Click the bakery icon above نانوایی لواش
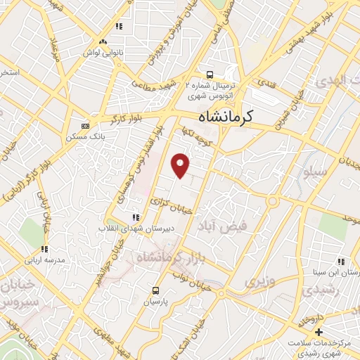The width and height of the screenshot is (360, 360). (x=103, y=42)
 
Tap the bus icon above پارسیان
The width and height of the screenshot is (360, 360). (x=155, y=290)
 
